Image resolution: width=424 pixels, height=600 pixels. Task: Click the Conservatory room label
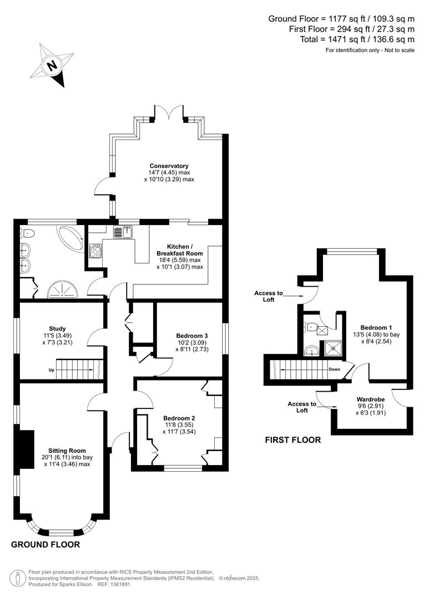(x=169, y=166)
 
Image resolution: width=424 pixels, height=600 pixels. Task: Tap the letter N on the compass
(x=51, y=65)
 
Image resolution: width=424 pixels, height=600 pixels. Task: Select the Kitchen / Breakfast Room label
(x=180, y=250)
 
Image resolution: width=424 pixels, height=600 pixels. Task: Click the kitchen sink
(x=123, y=232)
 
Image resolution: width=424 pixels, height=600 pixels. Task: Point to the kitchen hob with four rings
(x=95, y=251)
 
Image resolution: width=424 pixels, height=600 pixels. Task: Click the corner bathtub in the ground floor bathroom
(x=70, y=238)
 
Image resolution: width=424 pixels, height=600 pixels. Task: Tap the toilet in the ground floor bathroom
(x=27, y=233)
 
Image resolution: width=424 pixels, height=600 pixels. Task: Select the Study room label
(x=57, y=328)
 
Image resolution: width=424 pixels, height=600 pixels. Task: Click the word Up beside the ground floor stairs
(x=51, y=370)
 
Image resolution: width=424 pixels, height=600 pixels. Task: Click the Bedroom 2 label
(x=179, y=418)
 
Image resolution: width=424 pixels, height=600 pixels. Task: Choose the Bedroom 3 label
(x=192, y=336)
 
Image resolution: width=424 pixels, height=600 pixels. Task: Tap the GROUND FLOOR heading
(x=46, y=544)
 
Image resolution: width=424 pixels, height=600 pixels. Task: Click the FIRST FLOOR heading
(x=293, y=440)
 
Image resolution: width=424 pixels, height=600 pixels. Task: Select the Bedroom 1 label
(x=376, y=328)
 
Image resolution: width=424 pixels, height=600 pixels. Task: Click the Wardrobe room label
(x=371, y=399)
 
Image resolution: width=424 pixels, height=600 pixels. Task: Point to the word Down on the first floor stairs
(x=335, y=369)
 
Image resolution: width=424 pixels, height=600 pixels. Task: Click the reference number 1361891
(x=120, y=584)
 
